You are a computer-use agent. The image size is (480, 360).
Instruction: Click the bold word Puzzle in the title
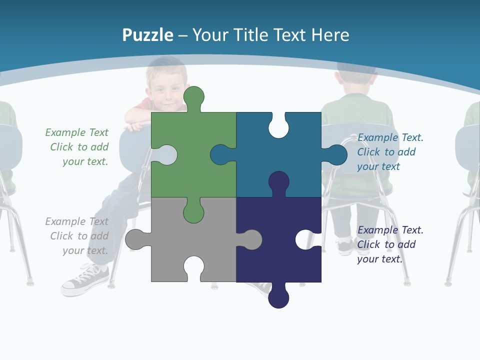coord(147,35)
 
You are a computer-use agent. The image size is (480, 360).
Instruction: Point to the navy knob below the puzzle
coord(278,298)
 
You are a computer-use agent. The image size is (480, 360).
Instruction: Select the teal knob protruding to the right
coord(337,155)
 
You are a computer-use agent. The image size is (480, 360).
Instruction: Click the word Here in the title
coord(330,35)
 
